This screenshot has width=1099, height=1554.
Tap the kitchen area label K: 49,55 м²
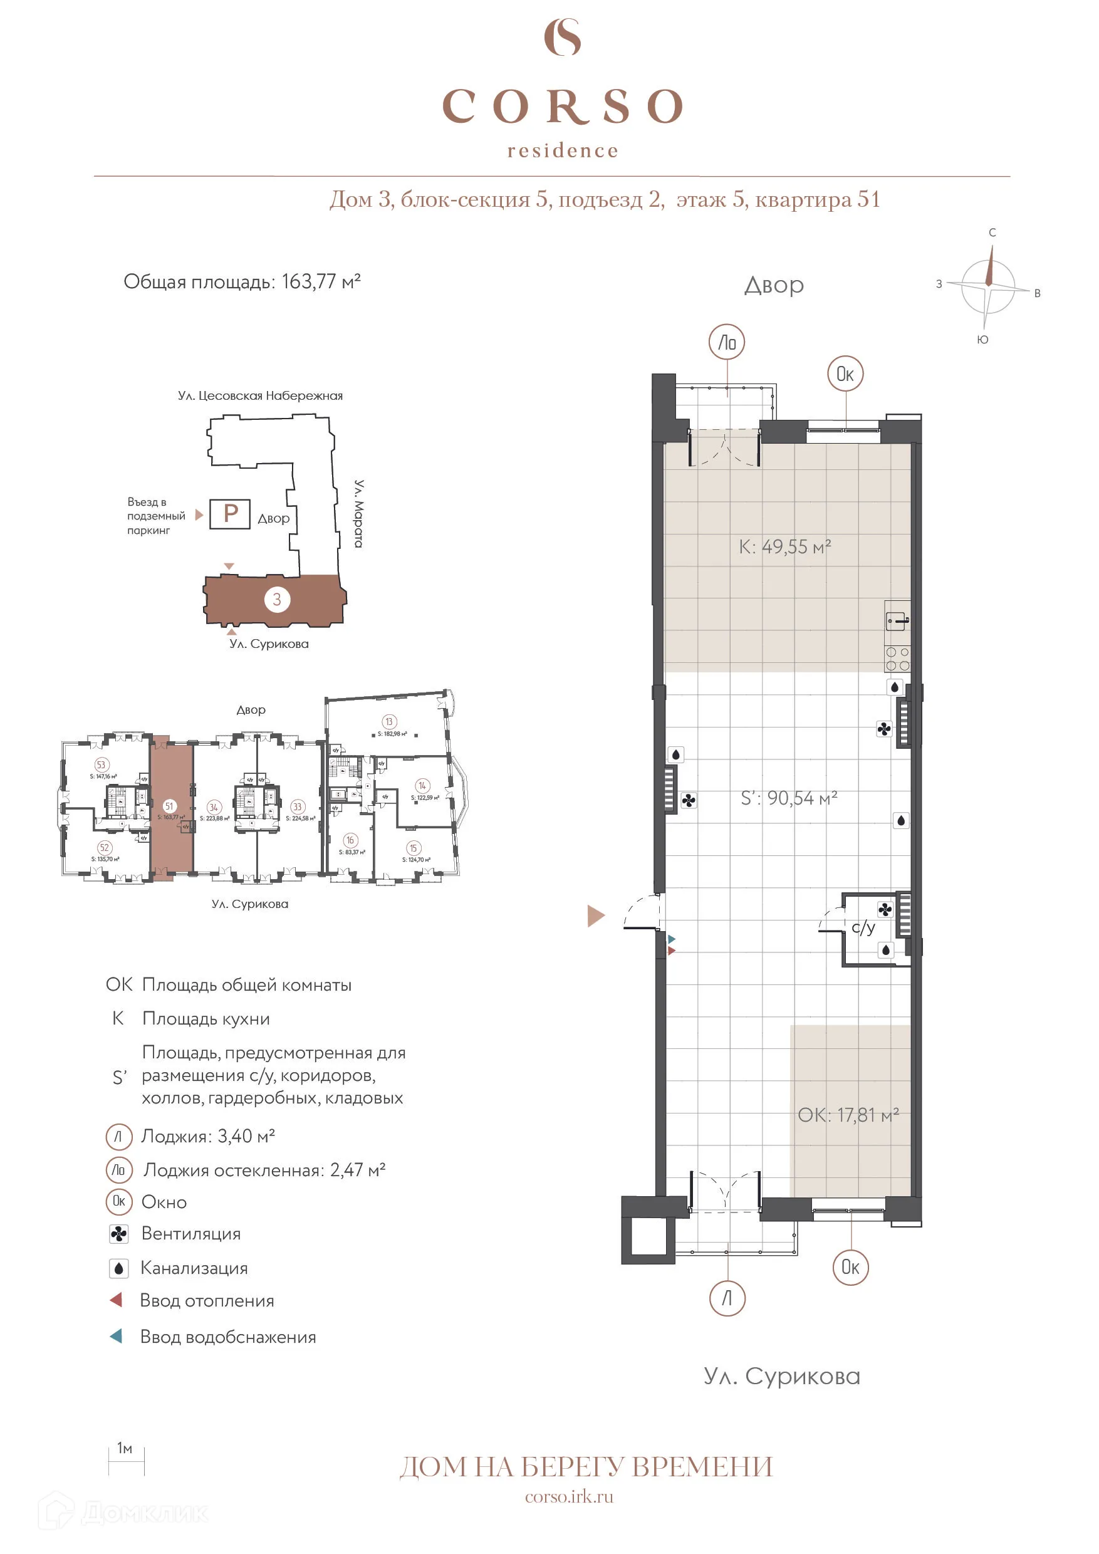(784, 547)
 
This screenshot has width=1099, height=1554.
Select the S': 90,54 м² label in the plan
(788, 799)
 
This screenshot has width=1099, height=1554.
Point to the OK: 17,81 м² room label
(847, 1115)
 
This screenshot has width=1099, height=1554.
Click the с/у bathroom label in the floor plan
(863, 927)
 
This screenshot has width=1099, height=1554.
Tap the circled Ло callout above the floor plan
(727, 343)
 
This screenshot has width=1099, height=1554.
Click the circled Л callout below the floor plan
(727, 1298)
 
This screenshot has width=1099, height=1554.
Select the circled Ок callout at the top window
(845, 373)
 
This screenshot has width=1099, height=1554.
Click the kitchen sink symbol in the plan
(897, 620)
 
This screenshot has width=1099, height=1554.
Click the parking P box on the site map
(230, 514)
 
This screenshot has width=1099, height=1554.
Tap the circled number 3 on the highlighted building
(277, 599)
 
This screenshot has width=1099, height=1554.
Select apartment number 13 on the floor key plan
(388, 721)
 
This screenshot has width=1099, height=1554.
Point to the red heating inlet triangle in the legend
(117, 1300)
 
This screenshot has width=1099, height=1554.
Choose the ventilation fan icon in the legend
(118, 1234)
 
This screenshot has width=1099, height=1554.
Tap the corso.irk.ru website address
(568, 1496)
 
